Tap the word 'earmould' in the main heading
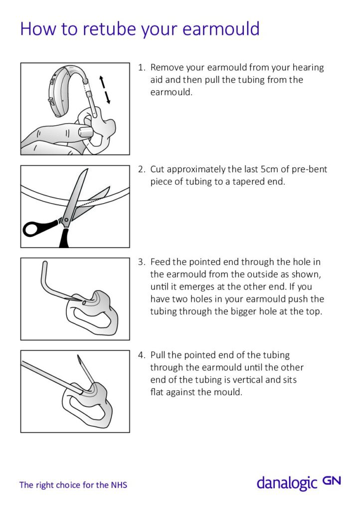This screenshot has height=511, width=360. [221, 29]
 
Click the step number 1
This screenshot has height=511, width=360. [141, 67]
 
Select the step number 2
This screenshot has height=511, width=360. [141, 170]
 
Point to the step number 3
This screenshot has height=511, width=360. [141, 261]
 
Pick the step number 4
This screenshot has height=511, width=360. [141, 355]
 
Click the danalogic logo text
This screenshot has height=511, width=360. [286, 483]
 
